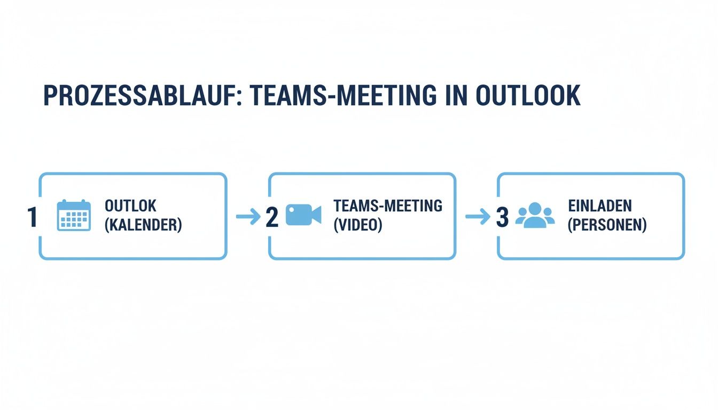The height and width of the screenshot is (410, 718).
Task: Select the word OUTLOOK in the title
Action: (x=527, y=96)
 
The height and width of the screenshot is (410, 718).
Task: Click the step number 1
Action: (x=32, y=217)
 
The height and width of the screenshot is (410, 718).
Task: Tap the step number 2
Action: (x=272, y=217)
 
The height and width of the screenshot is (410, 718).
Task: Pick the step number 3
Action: (x=502, y=217)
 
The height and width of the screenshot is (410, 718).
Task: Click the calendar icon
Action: (x=73, y=215)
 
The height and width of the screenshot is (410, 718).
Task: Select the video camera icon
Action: (x=303, y=215)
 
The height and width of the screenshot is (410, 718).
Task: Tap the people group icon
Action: (x=535, y=215)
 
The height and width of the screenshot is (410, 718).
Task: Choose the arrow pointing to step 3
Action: (x=477, y=216)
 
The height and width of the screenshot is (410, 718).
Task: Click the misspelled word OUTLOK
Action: (x=130, y=206)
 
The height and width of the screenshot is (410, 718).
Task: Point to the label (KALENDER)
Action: (x=143, y=225)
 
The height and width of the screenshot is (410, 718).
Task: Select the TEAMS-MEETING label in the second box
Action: (x=387, y=206)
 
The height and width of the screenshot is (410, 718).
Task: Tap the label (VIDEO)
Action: (x=358, y=225)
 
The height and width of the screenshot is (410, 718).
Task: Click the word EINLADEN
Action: (x=599, y=206)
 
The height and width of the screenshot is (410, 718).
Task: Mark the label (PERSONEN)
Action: (x=607, y=225)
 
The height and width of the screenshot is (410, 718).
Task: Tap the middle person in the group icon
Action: (x=535, y=214)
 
